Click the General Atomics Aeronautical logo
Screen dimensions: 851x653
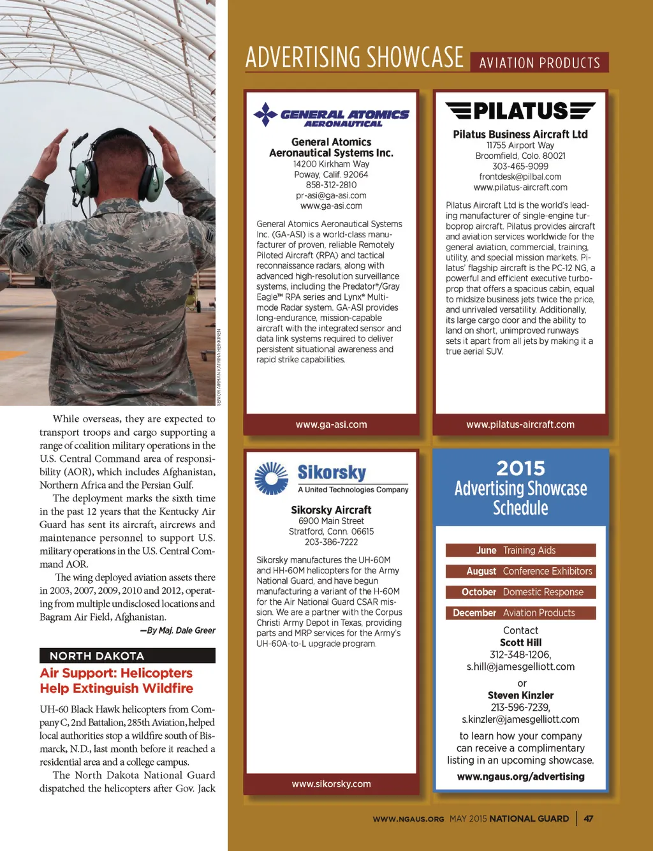point(331,115)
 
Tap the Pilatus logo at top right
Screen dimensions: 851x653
point(520,111)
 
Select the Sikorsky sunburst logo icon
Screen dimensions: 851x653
point(271,478)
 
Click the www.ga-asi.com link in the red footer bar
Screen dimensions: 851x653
point(331,425)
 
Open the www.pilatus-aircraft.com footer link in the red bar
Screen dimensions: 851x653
point(520,425)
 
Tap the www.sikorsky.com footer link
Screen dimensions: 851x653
point(331,784)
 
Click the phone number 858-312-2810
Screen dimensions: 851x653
point(331,185)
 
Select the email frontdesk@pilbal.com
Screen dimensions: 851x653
point(520,177)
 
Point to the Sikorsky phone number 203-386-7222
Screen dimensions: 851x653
point(331,542)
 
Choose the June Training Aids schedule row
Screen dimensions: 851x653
point(520,551)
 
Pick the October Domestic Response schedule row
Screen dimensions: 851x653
point(520,592)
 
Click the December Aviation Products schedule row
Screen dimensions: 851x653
point(520,613)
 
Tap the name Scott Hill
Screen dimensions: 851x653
point(520,642)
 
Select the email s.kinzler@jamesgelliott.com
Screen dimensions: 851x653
point(520,720)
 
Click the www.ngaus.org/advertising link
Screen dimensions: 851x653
point(520,777)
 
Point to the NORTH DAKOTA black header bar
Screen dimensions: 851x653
point(128,656)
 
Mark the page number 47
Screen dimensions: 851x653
point(589,818)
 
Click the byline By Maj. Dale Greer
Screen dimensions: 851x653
point(178,630)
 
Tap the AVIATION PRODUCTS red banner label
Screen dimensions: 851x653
point(539,63)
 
